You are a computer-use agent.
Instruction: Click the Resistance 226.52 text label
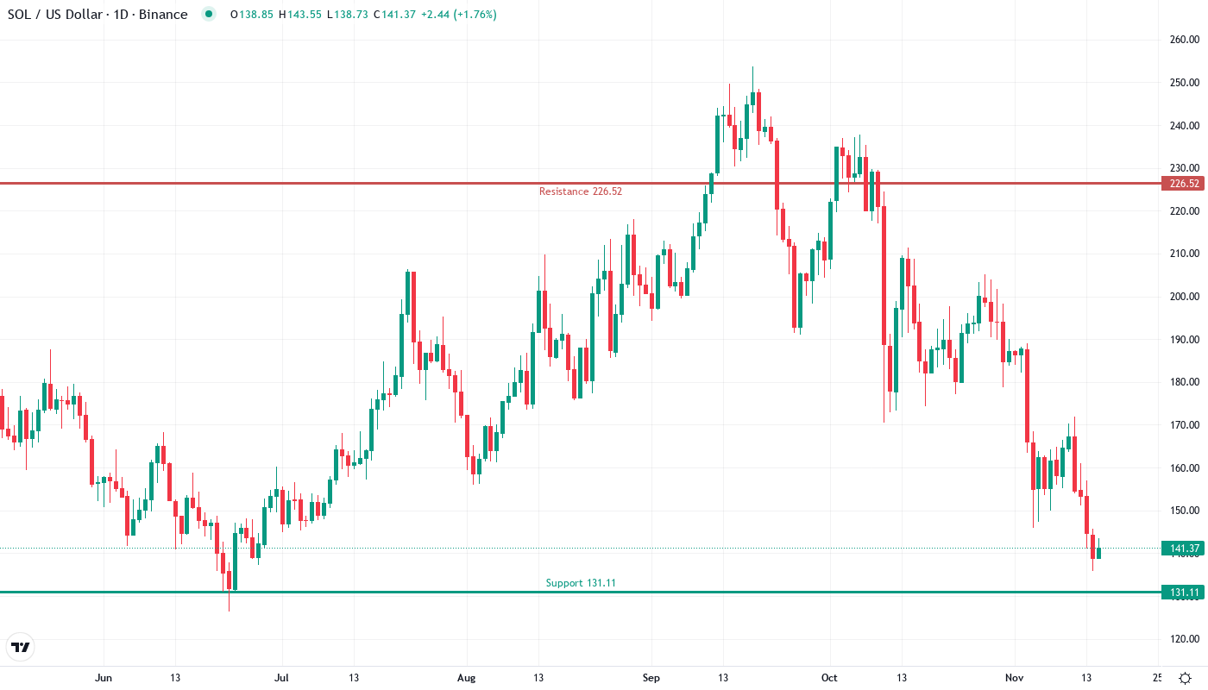(580, 191)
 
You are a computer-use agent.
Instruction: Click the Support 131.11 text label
(581, 583)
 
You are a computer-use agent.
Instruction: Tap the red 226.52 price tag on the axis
(1181, 184)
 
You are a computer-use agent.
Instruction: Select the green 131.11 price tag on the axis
(1181, 593)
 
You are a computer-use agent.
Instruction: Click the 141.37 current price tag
(1181, 549)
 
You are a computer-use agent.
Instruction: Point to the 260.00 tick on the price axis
(1184, 40)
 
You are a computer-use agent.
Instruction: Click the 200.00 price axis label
(1184, 297)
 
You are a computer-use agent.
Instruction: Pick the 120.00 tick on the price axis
(1184, 639)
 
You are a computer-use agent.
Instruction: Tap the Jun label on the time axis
(104, 678)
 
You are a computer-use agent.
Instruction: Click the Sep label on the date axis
(651, 678)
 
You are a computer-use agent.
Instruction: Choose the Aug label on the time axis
(466, 678)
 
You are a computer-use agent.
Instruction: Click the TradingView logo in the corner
(21, 647)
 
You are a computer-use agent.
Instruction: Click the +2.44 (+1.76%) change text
(458, 15)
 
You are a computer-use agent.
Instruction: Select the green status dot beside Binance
(207, 14)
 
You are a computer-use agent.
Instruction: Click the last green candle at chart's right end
(1098, 553)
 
